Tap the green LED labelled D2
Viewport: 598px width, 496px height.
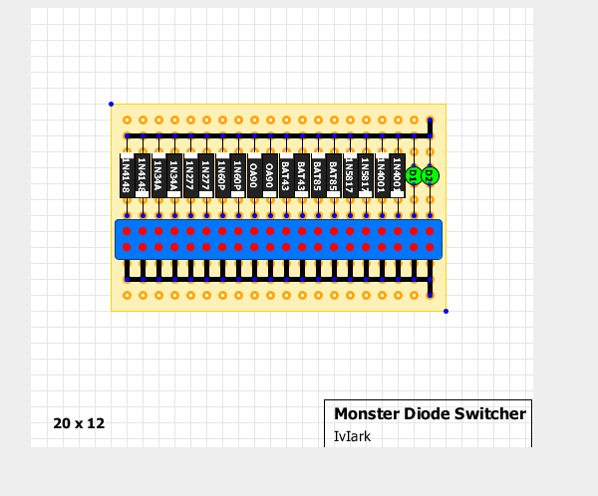(x=430, y=175)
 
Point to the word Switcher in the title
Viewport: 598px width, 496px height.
(x=490, y=413)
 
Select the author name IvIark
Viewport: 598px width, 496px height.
(x=352, y=435)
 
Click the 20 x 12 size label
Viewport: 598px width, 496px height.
(x=79, y=423)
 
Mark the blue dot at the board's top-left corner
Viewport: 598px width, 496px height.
(x=111, y=104)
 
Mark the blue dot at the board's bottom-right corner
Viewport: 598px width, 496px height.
(x=446, y=312)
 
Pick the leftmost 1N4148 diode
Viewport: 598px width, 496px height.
(x=127, y=175)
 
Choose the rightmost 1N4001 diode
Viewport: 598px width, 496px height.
(x=398, y=175)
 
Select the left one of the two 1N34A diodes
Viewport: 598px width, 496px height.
(x=158, y=175)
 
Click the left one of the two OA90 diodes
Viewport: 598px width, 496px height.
(x=254, y=175)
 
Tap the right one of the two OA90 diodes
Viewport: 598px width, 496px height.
(x=270, y=175)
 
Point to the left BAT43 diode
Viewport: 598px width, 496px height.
(x=286, y=175)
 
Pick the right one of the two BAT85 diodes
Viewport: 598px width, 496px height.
(x=334, y=175)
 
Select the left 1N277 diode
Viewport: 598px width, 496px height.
(x=190, y=175)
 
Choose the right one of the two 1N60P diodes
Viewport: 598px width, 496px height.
(x=238, y=175)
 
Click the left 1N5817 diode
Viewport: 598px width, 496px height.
(x=350, y=175)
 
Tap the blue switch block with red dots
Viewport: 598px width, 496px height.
(x=278, y=239)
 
